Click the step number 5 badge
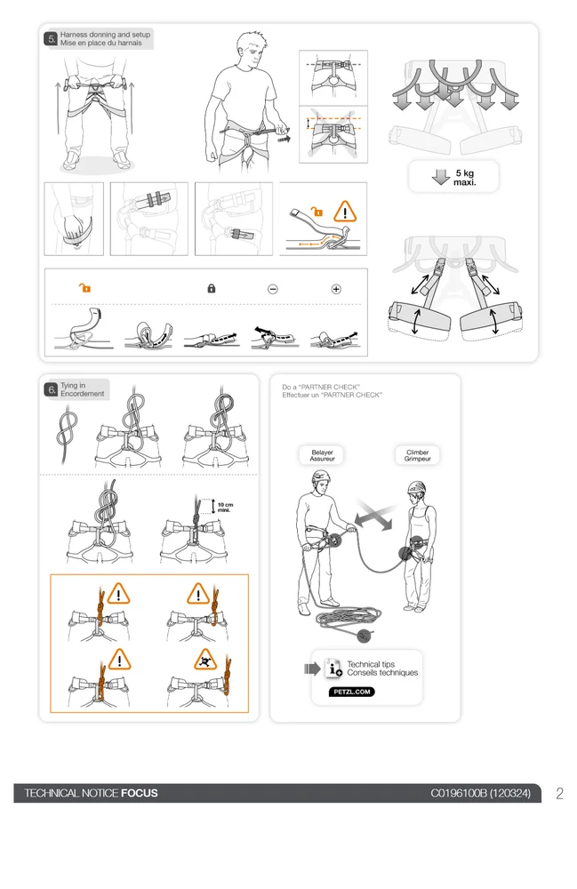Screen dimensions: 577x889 [x=52, y=38]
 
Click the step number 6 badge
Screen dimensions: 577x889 [x=52, y=389]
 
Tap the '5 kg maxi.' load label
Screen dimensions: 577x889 [x=465, y=178]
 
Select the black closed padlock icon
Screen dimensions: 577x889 [x=212, y=289]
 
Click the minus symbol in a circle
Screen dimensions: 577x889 [x=273, y=289]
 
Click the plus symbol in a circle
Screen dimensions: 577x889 [x=336, y=289]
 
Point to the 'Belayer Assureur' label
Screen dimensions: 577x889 [x=322, y=455]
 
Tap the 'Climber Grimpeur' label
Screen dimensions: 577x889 [x=417, y=455]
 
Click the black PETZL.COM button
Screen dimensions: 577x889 [x=351, y=692]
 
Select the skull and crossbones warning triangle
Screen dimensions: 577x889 [x=204, y=660]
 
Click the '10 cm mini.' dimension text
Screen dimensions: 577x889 [x=225, y=507]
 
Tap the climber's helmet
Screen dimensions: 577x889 [x=417, y=487]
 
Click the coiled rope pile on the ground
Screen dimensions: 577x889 [x=348, y=619]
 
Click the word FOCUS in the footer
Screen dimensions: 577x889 [x=140, y=793]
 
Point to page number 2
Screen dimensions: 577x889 [x=559, y=793]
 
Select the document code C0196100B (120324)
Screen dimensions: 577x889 [x=481, y=793]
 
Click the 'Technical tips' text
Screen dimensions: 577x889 [x=371, y=664]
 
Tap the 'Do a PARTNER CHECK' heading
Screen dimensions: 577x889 [x=321, y=387]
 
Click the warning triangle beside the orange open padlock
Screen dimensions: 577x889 [x=345, y=212]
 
